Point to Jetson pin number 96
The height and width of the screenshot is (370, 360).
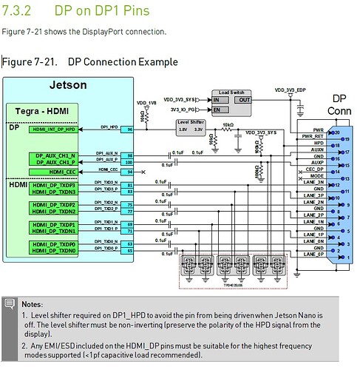tap(130, 129)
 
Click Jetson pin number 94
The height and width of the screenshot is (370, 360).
tap(130, 172)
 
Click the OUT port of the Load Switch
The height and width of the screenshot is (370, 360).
tap(243, 98)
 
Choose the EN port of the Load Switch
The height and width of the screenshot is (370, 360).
tap(218, 109)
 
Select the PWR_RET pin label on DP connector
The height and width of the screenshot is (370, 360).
tap(313, 136)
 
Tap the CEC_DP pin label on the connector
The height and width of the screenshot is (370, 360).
tap(315, 169)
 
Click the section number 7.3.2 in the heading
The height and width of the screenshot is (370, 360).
tap(21, 13)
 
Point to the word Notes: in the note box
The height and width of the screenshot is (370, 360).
tap(33, 304)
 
